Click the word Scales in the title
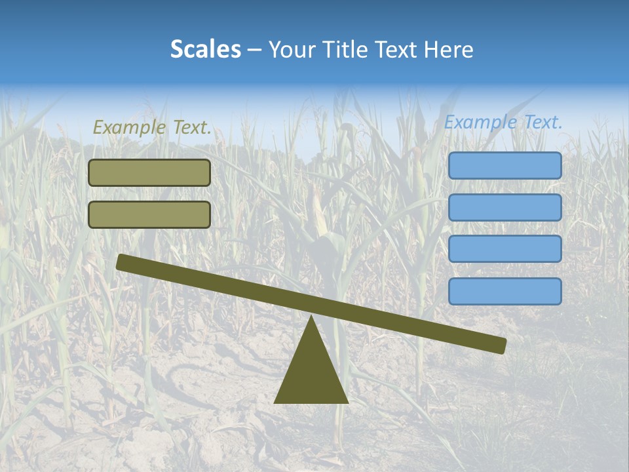(x=205, y=50)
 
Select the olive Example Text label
(x=152, y=127)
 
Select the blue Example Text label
(x=503, y=122)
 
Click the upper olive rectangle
(x=149, y=173)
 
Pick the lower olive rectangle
(x=149, y=215)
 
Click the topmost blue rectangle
(x=505, y=166)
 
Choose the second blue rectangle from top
(x=505, y=208)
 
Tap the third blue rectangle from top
(x=505, y=249)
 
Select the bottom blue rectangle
(x=505, y=291)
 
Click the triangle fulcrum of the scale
(x=311, y=374)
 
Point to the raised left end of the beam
(x=122, y=263)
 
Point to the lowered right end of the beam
(x=500, y=345)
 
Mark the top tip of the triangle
(x=311, y=317)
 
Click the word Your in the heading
(x=292, y=50)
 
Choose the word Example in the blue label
(x=478, y=122)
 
